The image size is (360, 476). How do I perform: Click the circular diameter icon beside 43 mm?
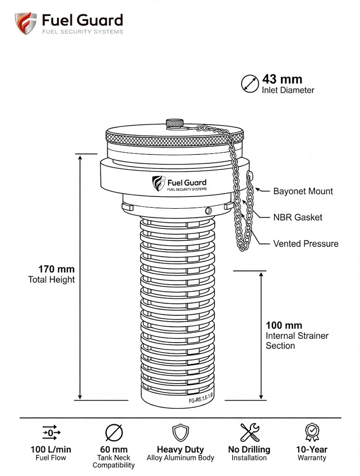(250, 84)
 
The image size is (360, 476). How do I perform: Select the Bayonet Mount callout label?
(303, 191)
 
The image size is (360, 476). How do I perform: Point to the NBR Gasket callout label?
(297, 217)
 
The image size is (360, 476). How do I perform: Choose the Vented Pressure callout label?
(305, 244)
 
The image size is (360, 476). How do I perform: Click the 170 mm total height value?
(57, 269)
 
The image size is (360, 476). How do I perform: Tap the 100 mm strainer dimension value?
(284, 325)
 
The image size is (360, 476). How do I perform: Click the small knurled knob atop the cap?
(175, 124)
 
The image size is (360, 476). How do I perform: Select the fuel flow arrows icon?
(51, 432)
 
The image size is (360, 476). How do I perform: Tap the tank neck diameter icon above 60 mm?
(114, 432)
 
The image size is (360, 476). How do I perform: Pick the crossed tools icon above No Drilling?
(249, 432)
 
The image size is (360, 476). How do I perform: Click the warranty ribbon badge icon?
(311, 432)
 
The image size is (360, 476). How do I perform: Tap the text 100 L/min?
(51, 450)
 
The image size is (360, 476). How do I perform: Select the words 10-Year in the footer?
(311, 450)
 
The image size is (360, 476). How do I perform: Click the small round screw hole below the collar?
(210, 210)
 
